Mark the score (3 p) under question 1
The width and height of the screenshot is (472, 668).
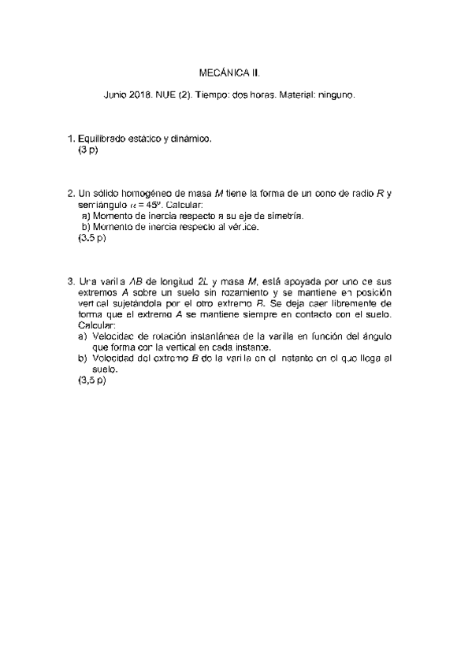click(87, 150)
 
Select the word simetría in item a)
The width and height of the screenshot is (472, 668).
click(282, 216)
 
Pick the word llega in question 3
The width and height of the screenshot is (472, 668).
click(368, 358)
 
